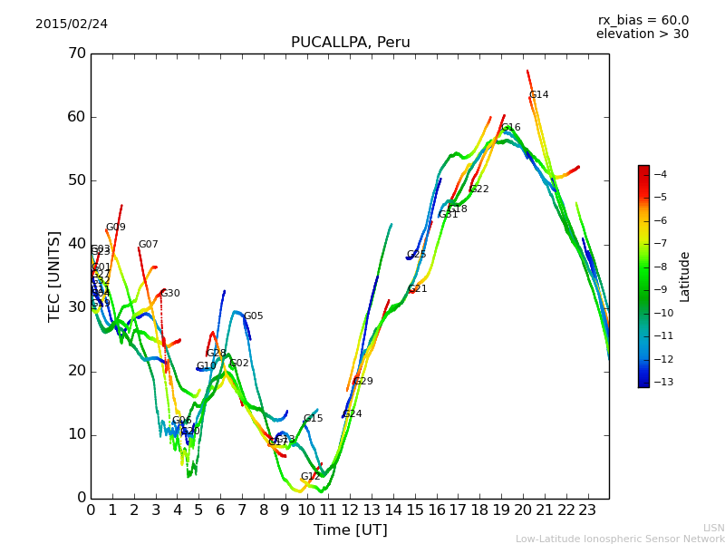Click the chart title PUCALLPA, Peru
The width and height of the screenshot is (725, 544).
pos(350,43)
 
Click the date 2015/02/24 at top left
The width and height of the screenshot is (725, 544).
pos(72,24)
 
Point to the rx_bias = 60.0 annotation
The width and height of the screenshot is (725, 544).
pos(643,21)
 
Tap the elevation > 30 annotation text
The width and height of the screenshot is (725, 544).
pos(642,34)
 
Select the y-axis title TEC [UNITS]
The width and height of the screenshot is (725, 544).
pos(54,276)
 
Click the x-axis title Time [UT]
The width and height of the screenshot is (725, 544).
pos(350,530)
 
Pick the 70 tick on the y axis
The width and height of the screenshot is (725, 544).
pos(76,53)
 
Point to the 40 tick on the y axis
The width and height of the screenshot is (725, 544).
pos(76,244)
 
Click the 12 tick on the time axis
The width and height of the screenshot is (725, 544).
pos(350,510)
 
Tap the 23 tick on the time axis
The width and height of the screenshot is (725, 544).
pos(587,510)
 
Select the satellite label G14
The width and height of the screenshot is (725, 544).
pos(538,95)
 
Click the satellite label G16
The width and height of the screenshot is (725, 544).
pos(511,128)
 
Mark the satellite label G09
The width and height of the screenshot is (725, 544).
pos(115,228)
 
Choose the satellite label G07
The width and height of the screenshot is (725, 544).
pos(148,245)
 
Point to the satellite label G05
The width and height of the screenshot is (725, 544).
pos(253,316)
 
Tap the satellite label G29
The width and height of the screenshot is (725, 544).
pos(362,382)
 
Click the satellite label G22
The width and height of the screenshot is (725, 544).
pos(478,189)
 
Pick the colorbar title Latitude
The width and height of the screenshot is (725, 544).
pos(685,276)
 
